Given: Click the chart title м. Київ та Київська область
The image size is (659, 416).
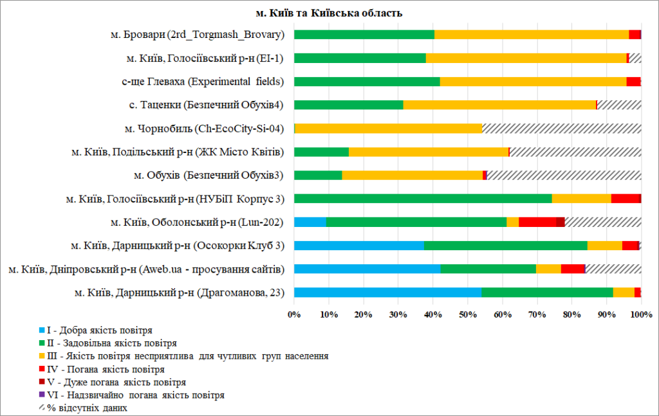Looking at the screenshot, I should (329, 13).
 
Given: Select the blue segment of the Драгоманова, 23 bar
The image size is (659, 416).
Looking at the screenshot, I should (387, 293).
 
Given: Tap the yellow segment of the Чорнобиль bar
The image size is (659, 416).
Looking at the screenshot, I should (388, 128).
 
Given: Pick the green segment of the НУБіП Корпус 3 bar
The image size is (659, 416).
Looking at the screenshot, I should (423, 198).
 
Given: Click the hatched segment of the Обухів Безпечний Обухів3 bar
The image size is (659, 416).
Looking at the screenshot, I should (564, 175).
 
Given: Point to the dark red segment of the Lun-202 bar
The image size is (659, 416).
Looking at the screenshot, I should (560, 222).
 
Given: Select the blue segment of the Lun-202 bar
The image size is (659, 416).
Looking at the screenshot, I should (310, 222).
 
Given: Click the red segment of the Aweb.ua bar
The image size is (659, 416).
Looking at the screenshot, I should (572, 269).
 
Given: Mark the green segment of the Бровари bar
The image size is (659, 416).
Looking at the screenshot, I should (364, 35).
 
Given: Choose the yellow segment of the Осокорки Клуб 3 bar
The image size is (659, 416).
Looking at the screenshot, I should (604, 245).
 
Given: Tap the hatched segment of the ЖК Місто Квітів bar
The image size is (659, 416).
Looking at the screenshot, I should (575, 152).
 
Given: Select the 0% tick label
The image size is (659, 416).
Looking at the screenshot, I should (295, 315).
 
